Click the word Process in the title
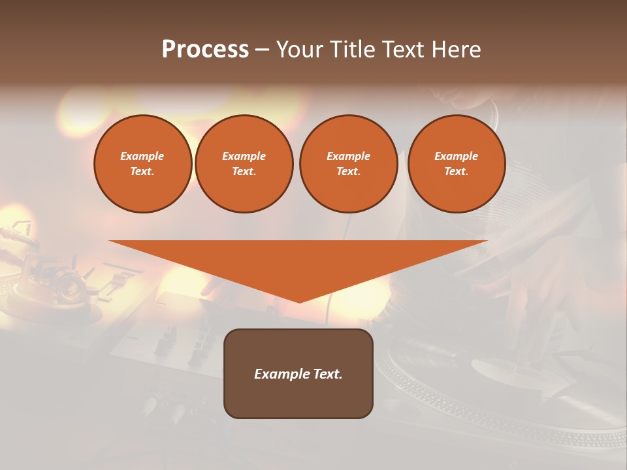tap(205, 50)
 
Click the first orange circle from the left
tap(142, 164)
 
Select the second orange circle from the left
tap(244, 164)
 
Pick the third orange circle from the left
tap(348, 164)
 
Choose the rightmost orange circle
tap(456, 164)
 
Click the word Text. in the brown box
tap(327, 374)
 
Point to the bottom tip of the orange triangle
tap(299, 302)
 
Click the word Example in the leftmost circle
tap(142, 156)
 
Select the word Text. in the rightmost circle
tap(456, 172)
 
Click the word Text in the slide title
tap(404, 50)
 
